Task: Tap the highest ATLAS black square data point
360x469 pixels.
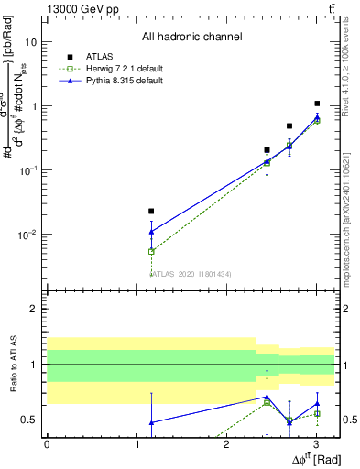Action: coord(317,104)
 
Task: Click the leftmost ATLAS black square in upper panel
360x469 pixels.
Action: coord(152,211)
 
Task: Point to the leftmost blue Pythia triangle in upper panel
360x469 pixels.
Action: coord(152,232)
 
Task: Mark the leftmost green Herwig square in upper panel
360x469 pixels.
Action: coord(152,251)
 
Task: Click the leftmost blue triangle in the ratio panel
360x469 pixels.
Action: coord(152,422)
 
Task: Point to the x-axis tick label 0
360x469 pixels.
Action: coord(47,444)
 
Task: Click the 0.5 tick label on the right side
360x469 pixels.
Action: coord(348,420)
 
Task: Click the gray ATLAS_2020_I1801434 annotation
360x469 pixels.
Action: coord(192,274)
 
